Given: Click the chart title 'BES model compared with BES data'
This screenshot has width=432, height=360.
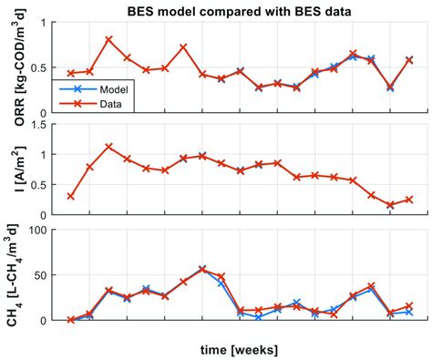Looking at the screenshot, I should pyautogui.click(x=240, y=10).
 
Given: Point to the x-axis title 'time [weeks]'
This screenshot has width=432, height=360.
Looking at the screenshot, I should pyautogui.click(x=239, y=349).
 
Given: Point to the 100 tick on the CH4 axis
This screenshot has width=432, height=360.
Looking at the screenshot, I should pyautogui.click(x=36, y=229).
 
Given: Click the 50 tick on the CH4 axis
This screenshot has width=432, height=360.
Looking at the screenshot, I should pyautogui.click(x=40, y=274).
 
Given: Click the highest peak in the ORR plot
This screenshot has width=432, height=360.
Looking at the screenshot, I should pyautogui.click(x=108, y=39).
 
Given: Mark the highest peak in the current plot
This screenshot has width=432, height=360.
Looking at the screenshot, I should pyautogui.click(x=108, y=147).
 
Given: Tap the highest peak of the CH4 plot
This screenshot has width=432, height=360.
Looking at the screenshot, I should pyautogui.click(x=202, y=269).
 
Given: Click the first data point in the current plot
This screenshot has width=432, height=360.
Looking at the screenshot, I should pyautogui.click(x=70, y=196).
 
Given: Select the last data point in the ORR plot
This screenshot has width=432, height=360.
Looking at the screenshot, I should pyautogui.click(x=409, y=60).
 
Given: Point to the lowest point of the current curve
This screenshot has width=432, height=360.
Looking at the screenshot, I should pyautogui.click(x=390, y=205).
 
